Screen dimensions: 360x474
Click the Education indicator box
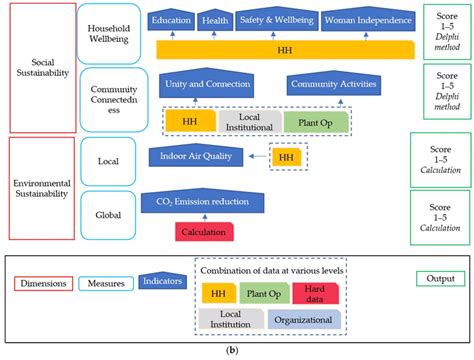(x=171, y=21)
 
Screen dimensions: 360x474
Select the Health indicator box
(x=215, y=21)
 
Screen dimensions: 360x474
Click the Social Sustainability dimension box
(x=39, y=68)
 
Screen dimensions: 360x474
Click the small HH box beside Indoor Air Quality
(x=289, y=157)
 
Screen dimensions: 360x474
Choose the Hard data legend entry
(x=318, y=293)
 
